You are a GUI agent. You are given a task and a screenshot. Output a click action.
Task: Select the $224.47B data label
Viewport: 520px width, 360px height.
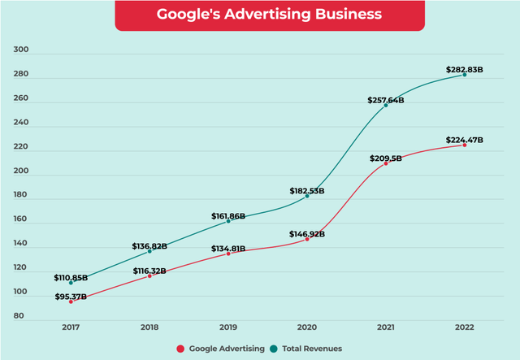(x=465, y=140)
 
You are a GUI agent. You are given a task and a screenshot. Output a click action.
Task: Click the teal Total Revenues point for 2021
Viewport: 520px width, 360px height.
(x=386, y=106)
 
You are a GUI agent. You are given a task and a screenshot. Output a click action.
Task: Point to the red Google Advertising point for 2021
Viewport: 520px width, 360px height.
(x=386, y=163)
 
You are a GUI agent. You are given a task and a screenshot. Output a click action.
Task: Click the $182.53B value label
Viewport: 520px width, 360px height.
(x=307, y=191)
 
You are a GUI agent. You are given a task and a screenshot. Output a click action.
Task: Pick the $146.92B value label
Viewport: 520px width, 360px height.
(x=307, y=234)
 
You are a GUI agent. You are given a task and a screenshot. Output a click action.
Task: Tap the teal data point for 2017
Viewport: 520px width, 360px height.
(x=71, y=283)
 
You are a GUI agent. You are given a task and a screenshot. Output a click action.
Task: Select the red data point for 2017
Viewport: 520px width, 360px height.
(x=71, y=301)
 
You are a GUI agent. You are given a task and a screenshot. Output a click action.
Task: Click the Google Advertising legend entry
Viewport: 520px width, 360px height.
(x=221, y=349)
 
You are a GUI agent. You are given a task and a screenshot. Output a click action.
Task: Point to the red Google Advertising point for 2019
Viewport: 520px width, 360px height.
(x=228, y=254)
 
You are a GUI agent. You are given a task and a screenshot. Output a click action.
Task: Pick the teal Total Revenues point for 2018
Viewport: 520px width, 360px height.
(x=149, y=251)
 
